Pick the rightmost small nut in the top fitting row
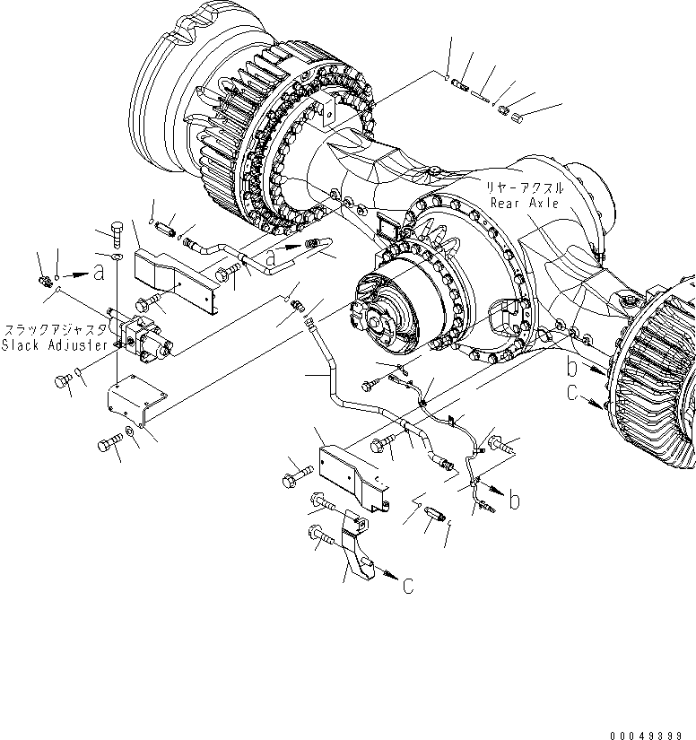pos(516,118)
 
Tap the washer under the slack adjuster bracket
pos(132,432)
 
